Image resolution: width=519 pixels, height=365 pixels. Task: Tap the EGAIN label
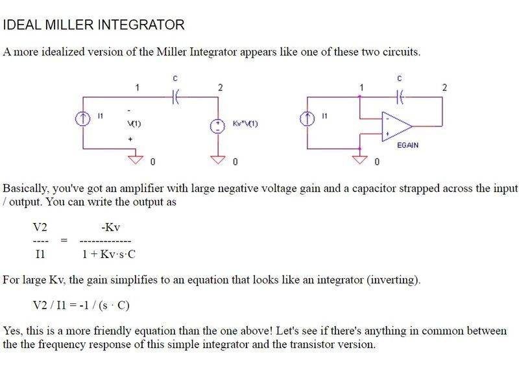(407, 145)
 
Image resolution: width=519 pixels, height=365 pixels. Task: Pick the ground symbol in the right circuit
(359, 158)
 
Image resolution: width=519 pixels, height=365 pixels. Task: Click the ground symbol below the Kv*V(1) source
(219, 158)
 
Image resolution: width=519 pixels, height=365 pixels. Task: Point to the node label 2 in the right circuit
(444, 86)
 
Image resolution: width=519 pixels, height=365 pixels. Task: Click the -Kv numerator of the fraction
(111, 228)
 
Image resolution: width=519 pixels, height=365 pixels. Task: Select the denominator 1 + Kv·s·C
(110, 254)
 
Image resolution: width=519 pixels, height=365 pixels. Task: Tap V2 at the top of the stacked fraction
(40, 228)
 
